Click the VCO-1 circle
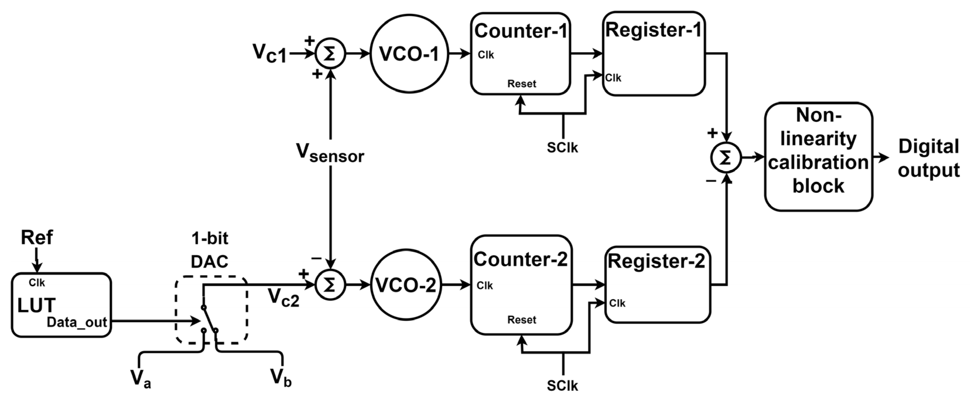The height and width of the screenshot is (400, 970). click(409, 54)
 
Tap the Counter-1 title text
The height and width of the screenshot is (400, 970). click(520, 31)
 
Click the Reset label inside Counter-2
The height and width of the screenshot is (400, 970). click(521, 320)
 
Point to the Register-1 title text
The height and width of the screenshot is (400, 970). click(653, 30)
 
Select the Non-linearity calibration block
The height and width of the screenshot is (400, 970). click(818, 156)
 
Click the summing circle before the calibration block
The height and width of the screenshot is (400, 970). click(726, 158)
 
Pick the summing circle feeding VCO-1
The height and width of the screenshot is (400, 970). click(330, 54)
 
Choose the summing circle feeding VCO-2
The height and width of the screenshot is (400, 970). click(330, 285)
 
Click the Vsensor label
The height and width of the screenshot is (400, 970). click(330, 154)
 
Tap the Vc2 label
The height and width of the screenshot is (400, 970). click(283, 298)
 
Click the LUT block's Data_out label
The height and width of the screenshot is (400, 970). click(77, 322)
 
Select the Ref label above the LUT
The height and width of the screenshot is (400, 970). click(37, 238)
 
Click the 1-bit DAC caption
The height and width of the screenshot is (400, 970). click(210, 250)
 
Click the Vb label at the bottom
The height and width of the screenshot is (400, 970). click(280, 377)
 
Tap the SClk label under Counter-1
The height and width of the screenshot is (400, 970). click(562, 147)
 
